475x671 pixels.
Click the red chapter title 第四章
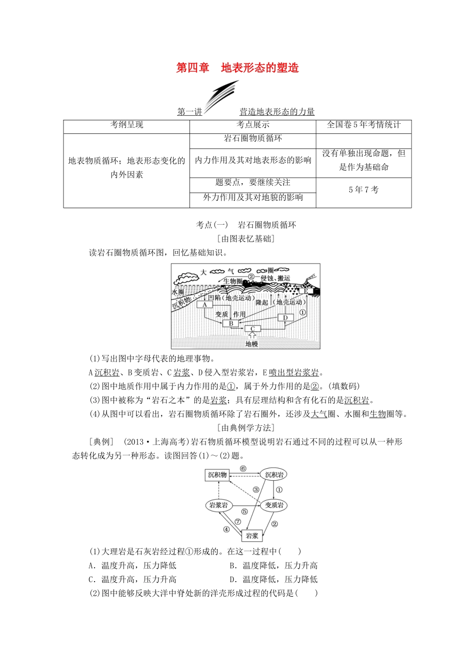tap(192, 68)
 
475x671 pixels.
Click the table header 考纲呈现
tap(126, 125)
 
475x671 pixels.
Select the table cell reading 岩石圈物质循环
tap(252, 138)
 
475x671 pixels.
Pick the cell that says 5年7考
tap(363, 189)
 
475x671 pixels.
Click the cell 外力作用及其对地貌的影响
tap(252, 197)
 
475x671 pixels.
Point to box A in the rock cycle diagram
tap(205, 304)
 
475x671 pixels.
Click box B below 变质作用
tap(231, 323)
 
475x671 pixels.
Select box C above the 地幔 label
tap(252, 329)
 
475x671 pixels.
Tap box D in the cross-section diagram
tap(285, 318)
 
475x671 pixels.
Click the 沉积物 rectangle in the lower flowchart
tap(217, 475)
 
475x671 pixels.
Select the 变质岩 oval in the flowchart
tap(273, 505)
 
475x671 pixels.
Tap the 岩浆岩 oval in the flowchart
tap(218, 505)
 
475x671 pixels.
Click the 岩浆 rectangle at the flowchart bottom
tap(252, 536)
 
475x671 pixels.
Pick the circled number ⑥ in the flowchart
tap(243, 468)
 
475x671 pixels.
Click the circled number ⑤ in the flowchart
tap(244, 512)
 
